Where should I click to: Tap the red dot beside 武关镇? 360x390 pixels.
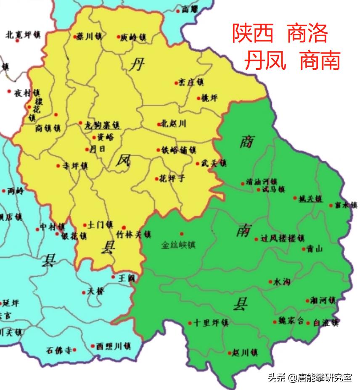pyautogui.click(x=197, y=163)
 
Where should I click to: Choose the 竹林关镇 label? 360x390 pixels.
pyautogui.click(x=134, y=234)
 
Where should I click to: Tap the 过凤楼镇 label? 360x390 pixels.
pyautogui.click(x=282, y=238)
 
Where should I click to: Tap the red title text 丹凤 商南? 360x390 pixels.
pyautogui.click(x=292, y=61)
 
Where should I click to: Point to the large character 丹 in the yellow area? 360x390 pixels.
pyautogui.click(x=137, y=66)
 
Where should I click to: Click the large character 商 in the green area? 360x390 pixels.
pyautogui.click(x=246, y=141)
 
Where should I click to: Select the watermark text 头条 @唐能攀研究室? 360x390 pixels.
pyautogui.click(x=310, y=377)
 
